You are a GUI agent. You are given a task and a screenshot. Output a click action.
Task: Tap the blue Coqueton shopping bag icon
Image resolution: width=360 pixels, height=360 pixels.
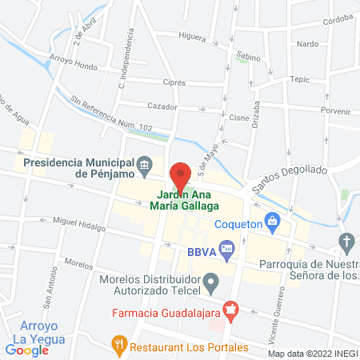point(272,218)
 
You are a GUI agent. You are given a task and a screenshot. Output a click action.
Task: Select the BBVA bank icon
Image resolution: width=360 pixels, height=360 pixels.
point(226,250)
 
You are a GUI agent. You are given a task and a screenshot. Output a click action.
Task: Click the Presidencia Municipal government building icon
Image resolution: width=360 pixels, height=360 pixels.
point(144,166)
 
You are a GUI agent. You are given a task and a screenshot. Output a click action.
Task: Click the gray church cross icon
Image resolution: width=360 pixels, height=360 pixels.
point(346,241)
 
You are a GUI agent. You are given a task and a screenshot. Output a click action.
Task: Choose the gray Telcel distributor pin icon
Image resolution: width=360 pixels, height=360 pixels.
point(211,281)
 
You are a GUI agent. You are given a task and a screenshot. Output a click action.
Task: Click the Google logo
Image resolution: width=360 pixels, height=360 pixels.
point(27,350)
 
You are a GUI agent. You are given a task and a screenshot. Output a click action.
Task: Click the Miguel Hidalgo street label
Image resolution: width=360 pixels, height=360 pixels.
point(78,223)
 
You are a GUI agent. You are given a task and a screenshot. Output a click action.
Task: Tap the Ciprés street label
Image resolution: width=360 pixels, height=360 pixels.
point(173,82)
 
